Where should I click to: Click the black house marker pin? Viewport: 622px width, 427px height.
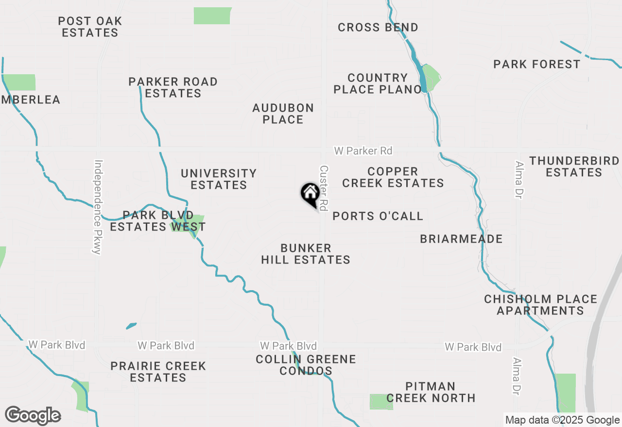(310, 194)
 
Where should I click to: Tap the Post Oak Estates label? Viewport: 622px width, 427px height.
(90, 27)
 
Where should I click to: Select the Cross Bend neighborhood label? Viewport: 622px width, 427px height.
(378, 27)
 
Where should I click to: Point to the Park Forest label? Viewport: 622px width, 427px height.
(536, 64)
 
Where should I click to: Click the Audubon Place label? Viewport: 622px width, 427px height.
(283, 114)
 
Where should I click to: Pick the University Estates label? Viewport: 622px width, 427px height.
(219, 179)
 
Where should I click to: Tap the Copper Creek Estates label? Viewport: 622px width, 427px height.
(393, 177)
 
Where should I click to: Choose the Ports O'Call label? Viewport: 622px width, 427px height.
(378, 216)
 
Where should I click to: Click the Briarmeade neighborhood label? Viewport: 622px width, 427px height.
(461, 239)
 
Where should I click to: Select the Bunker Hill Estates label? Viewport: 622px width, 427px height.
(306, 254)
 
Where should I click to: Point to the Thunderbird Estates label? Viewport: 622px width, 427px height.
(574, 166)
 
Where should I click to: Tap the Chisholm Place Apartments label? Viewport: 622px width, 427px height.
(540, 305)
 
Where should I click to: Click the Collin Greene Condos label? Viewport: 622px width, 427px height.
(306, 365)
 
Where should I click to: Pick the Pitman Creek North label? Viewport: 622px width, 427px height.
(431, 392)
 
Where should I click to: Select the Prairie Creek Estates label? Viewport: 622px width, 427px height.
(158, 372)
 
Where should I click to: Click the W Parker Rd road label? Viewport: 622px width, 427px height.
(363, 151)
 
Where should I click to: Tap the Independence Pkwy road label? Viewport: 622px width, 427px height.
(98, 207)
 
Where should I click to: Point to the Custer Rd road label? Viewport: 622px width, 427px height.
(324, 187)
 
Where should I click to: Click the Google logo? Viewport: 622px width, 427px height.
(33, 415)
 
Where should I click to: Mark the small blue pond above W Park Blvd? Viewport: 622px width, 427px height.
(131, 326)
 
